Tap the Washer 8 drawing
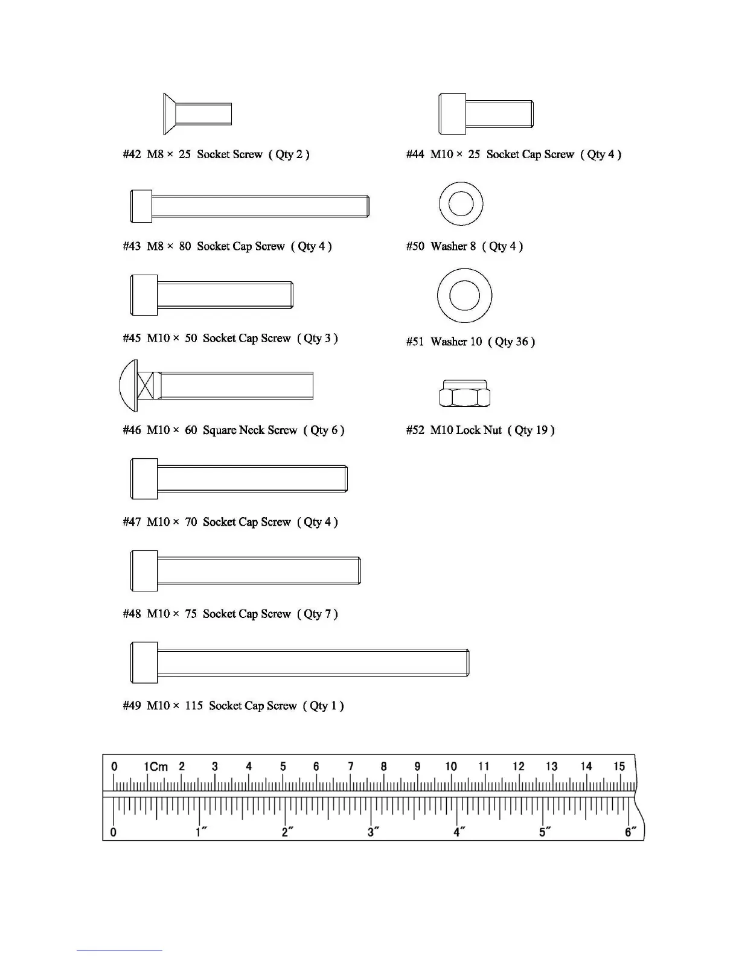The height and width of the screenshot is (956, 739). tap(461, 203)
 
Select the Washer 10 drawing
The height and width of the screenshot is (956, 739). tap(464, 296)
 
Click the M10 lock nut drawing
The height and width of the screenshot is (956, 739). tap(464, 394)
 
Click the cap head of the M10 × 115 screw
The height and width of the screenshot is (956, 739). tap(144, 663)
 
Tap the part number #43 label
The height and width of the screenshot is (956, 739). tap(132, 246)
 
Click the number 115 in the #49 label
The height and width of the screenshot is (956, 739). tap(194, 706)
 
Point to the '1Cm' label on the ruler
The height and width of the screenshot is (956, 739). tap(156, 766)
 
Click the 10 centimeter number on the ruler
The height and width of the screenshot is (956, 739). tap(451, 766)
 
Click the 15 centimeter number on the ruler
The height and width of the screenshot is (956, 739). tap(619, 766)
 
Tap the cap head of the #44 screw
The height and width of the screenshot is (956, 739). tap(452, 114)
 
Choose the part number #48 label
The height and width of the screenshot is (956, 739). tap(132, 614)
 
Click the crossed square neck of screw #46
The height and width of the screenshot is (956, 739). tap(146, 385)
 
